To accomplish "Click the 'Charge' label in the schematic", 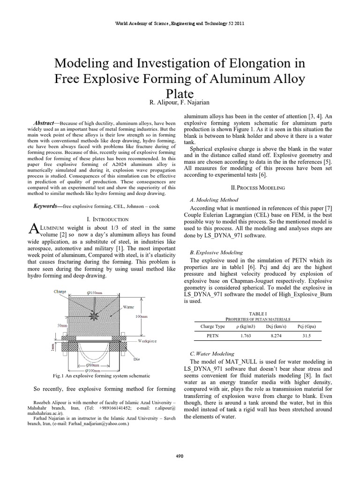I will click(x=60, y=291).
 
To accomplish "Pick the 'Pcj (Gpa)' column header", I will click(x=306, y=326).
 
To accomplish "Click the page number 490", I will click(x=180, y=456).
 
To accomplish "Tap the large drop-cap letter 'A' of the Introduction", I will click(x=33, y=229).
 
